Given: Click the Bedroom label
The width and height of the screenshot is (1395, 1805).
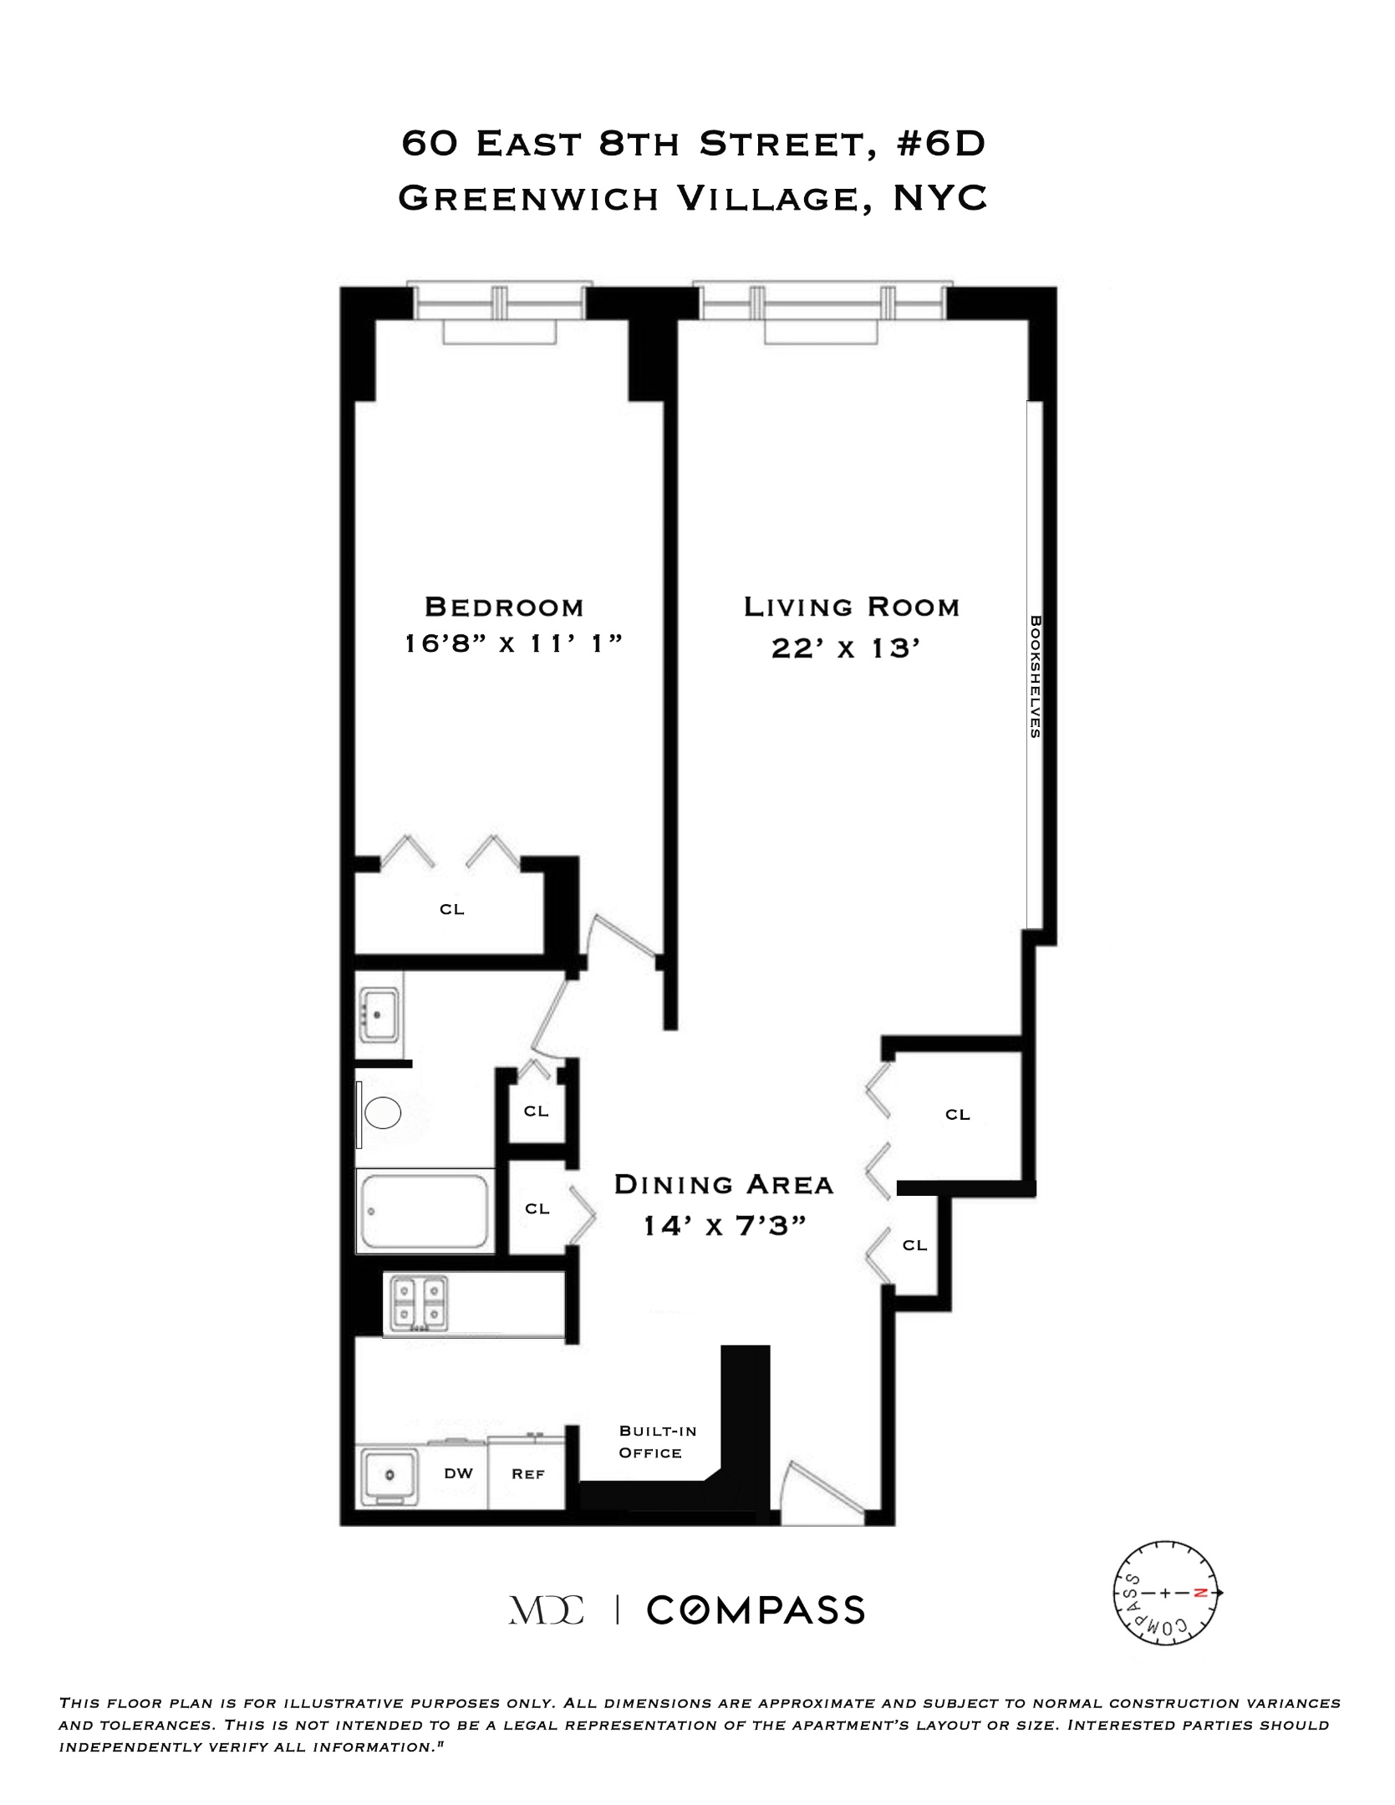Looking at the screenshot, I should tap(503, 607).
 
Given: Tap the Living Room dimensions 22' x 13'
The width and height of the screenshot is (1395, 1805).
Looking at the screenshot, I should tap(851, 648).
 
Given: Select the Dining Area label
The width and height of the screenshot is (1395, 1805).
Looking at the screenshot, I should tap(724, 1184).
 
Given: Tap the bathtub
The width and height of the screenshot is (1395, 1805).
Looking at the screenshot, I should tap(425, 1211).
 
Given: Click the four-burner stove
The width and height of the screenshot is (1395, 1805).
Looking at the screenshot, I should tap(416, 1304).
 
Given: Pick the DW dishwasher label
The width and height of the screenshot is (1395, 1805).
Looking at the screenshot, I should tap(458, 1473).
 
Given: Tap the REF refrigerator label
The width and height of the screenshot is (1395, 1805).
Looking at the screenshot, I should tap(528, 1474).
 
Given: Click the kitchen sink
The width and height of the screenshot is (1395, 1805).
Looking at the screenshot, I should tap(389, 1477).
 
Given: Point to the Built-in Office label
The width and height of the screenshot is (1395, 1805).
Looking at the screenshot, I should tap(657, 1441).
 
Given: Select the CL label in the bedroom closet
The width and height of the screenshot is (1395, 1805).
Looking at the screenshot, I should tap(452, 909).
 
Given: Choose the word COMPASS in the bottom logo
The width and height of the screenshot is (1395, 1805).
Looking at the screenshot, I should tap(756, 1610).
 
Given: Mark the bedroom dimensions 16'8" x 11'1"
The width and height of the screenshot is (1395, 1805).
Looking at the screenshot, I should tap(515, 644).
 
